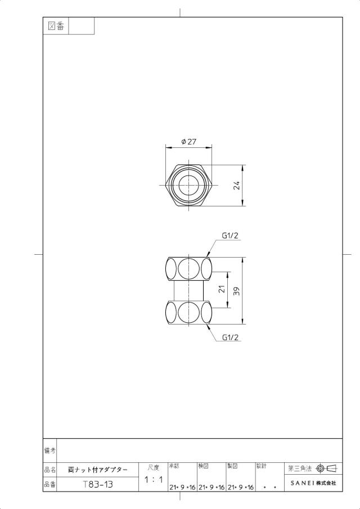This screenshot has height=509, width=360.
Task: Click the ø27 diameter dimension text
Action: [189, 142]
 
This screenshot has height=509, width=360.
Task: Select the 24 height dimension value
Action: [237, 186]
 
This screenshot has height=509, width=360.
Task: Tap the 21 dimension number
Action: [222, 289]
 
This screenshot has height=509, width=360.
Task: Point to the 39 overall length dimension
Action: [237, 291]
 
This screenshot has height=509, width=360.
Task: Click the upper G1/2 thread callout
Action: [230, 236]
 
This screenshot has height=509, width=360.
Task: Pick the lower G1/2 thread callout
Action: [230, 337]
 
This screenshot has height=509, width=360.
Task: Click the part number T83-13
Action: [98, 484]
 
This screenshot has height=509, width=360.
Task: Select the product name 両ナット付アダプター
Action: [98, 470]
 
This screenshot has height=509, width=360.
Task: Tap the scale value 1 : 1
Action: [154, 479]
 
